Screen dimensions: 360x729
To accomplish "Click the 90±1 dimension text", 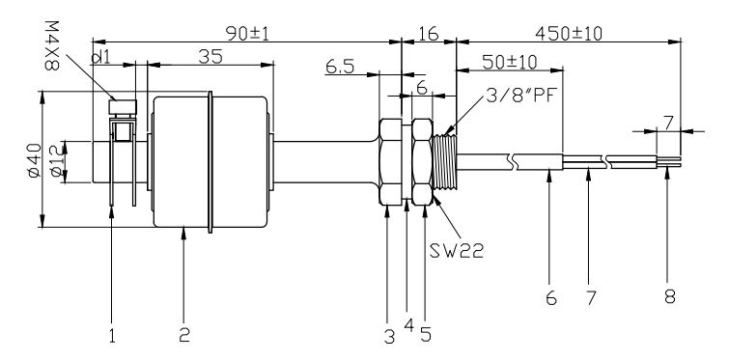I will tap(245, 32).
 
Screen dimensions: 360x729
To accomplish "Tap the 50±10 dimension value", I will tap(508, 63).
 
